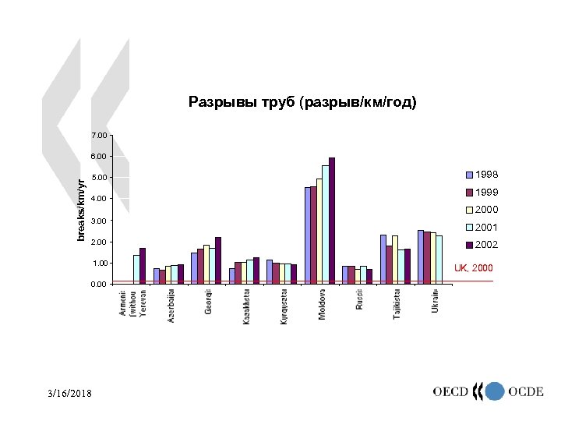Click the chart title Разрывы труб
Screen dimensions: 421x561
click(x=302, y=102)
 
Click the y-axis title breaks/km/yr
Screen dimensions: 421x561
click(x=82, y=208)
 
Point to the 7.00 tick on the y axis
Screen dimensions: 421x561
click(x=99, y=136)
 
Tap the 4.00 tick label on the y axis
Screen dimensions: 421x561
click(x=99, y=200)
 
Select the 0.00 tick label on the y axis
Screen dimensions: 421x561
click(x=99, y=285)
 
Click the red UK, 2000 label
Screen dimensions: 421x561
click(x=473, y=268)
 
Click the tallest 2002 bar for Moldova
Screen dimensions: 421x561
click(x=332, y=220)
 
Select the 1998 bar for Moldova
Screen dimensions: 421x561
click(x=308, y=235)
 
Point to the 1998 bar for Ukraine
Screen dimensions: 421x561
click(x=421, y=256)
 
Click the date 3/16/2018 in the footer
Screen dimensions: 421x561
click(x=69, y=394)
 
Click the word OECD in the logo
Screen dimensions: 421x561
click(x=451, y=391)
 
